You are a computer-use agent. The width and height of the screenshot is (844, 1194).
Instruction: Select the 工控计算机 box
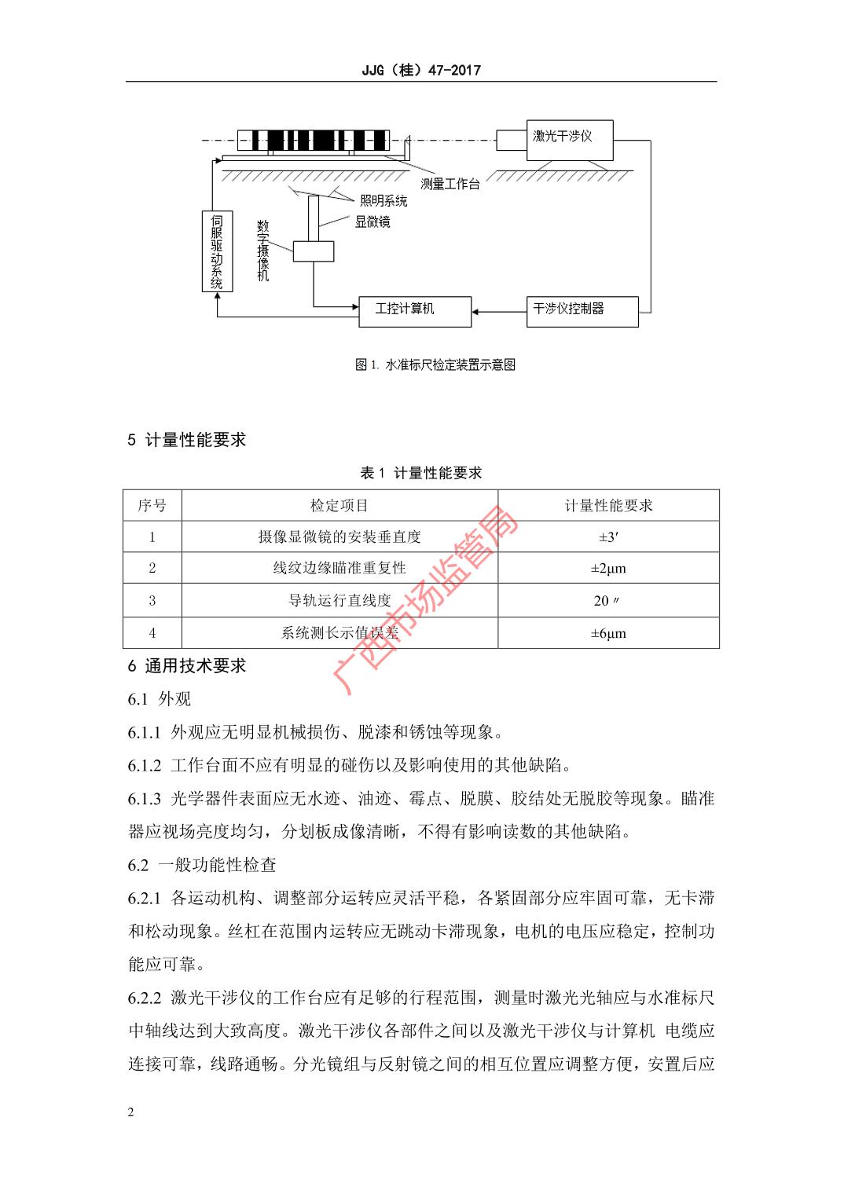[x=414, y=309]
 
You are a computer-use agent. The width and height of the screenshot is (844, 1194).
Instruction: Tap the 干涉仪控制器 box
[x=582, y=309]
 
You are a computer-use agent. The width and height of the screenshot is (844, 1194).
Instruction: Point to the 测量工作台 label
[x=450, y=185]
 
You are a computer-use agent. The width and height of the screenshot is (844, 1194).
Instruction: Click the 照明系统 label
[x=383, y=201]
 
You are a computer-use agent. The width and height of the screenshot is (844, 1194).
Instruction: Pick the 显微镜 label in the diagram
[x=372, y=222]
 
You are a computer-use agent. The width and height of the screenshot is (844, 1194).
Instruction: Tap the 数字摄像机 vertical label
[x=263, y=251]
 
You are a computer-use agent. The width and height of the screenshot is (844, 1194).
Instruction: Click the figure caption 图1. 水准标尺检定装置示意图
[x=435, y=364]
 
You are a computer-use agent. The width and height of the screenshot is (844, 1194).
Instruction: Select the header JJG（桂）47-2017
[x=421, y=70]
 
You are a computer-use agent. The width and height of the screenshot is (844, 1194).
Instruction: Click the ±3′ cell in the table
[x=608, y=537]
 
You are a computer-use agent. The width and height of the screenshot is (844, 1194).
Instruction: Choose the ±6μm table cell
[x=608, y=633]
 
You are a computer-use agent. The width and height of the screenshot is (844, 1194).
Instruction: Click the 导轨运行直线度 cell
[x=339, y=601]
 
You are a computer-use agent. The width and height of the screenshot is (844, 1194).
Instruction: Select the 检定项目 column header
[x=339, y=506]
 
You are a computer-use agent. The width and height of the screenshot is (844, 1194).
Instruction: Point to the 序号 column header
[x=152, y=506]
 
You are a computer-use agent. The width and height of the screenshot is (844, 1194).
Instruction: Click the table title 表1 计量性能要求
[x=421, y=473]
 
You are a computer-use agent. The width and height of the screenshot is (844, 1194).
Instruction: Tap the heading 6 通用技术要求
[x=187, y=666]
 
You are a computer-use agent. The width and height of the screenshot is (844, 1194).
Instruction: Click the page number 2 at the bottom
[x=131, y=1112]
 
